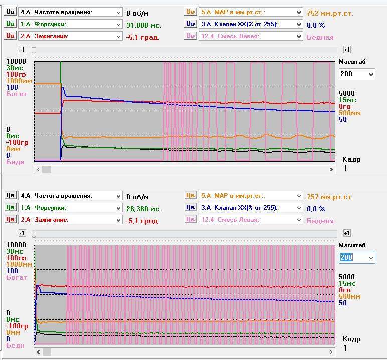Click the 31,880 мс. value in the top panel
143,25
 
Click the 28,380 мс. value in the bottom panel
143,208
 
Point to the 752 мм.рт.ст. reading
329,13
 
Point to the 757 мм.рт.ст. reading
329,197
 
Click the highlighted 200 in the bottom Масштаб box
346,258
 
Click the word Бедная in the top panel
320,37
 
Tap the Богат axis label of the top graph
17,94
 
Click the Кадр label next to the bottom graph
351,339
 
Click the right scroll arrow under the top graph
331,170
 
